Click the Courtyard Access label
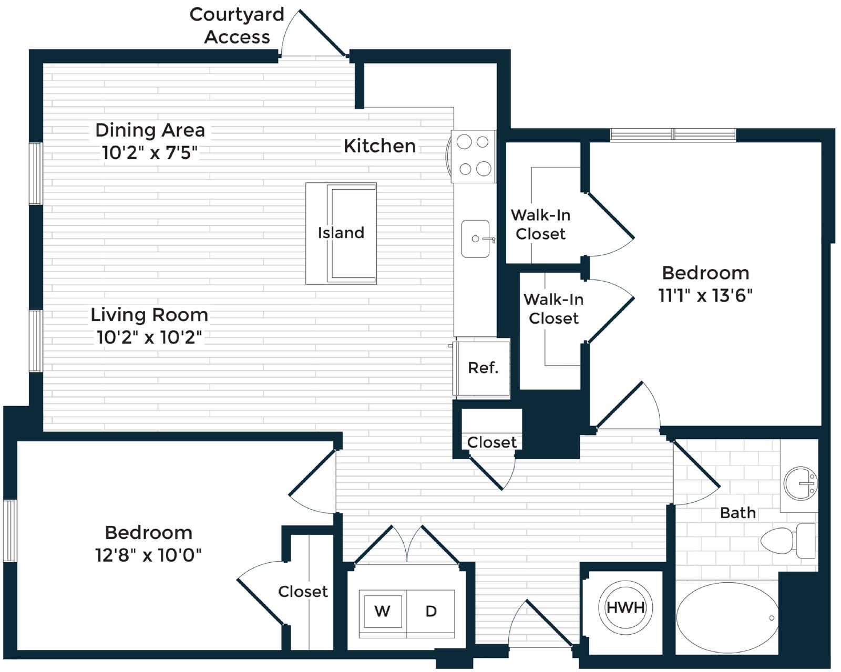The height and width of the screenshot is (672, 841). point(237,26)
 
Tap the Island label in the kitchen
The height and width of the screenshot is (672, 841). point(341,233)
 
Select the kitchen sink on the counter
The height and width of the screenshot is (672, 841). point(476,239)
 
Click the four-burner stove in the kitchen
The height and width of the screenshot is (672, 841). point(474,156)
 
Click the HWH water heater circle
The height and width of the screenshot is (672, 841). point(625,607)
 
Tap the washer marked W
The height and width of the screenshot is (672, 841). point(382,612)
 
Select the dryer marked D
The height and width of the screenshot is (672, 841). point(430,612)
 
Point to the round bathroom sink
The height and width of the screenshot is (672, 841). point(800,484)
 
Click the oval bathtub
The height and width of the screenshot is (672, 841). point(727,618)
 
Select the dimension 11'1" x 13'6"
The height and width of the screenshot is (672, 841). point(705,296)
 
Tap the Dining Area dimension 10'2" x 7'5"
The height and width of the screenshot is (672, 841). point(150,152)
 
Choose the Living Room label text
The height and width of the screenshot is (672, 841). point(149,315)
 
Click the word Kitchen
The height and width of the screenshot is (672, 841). point(380,146)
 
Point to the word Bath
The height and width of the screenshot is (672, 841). point(738,513)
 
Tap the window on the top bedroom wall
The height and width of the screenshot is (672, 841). point(673,135)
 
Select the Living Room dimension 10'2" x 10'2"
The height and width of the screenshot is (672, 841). point(149,337)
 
